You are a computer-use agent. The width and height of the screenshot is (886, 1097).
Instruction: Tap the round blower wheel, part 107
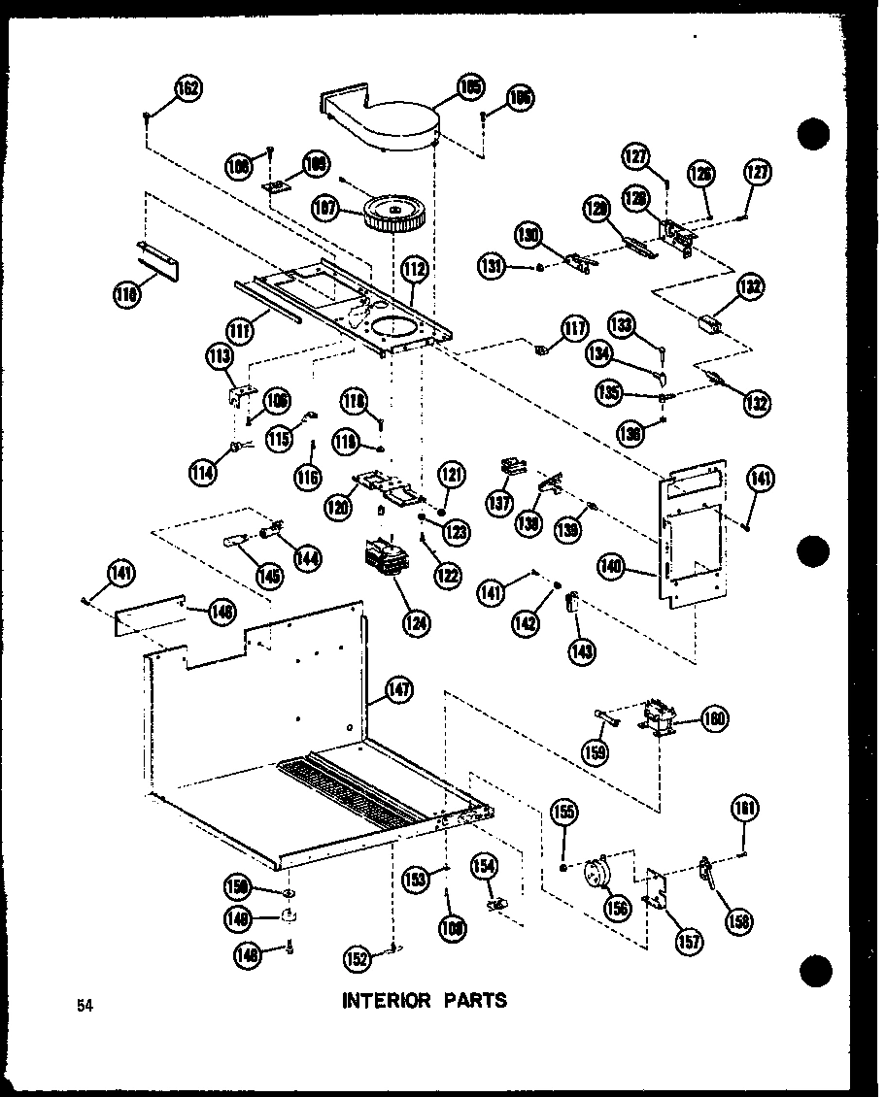(x=399, y=213)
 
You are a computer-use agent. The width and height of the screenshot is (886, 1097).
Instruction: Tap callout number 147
(x=398, y=691)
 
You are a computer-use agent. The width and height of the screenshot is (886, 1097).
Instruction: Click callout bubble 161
(x=747, y=810)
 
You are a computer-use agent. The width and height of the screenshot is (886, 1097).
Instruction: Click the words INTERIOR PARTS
(x=424, y=1000)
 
